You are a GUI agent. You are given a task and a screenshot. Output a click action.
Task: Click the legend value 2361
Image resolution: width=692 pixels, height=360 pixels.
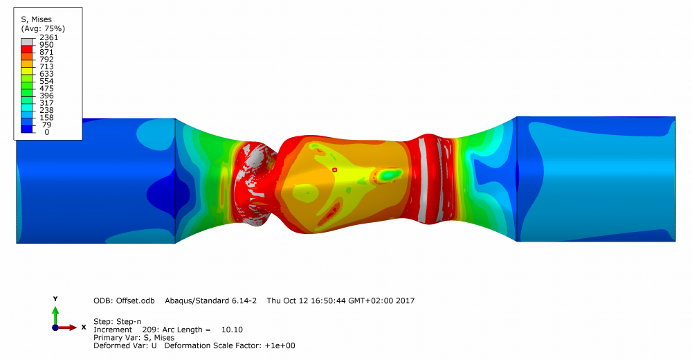tap(48, 37)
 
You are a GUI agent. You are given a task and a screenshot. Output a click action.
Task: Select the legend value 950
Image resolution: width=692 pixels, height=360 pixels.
tap(46, 44)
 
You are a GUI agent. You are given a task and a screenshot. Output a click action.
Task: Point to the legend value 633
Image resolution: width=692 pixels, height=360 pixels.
tap(46, 74)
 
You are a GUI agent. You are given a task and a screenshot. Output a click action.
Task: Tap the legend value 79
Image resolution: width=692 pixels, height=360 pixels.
tap(46, 125)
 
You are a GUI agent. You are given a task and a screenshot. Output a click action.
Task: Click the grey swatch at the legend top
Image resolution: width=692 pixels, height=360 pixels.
tap(26, 42)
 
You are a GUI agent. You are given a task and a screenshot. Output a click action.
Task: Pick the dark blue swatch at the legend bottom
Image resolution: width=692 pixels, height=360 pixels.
tap(26, 129)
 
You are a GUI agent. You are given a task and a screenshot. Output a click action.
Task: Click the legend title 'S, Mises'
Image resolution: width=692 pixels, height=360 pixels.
tap(36, 19)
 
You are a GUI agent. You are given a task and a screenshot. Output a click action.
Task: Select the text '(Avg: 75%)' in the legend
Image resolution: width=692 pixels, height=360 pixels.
tap(43, 28)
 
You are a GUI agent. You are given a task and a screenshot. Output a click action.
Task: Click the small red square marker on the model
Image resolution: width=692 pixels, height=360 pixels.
tap(334, 170)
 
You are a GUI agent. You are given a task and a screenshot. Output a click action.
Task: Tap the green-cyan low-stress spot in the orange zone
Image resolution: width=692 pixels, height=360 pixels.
tap(389, 174)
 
